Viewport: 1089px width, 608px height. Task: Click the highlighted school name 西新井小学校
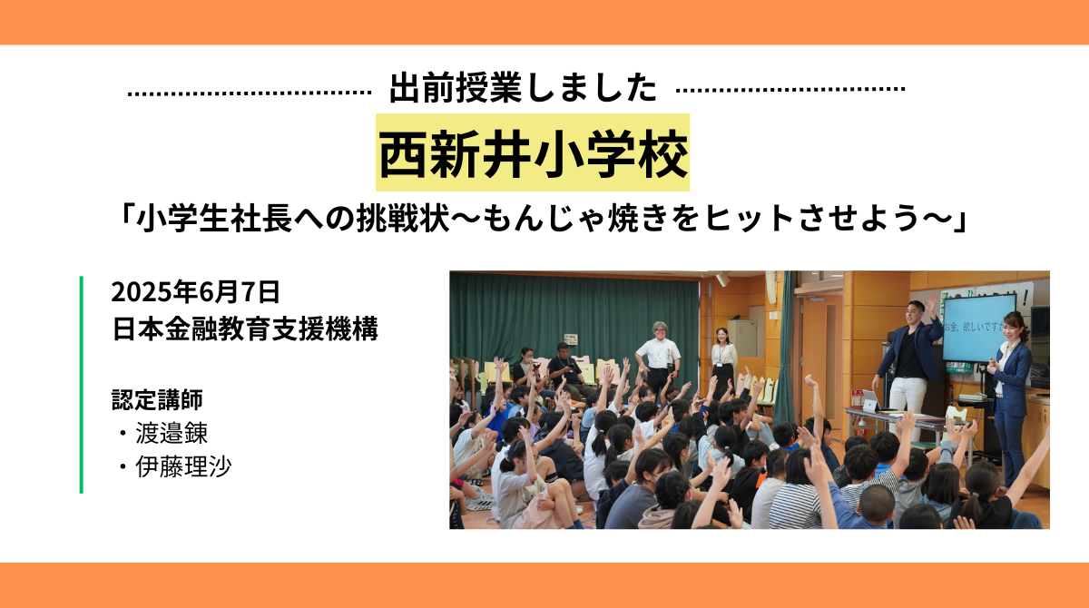[x=533, y=153]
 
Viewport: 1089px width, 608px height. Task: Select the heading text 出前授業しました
[x=523, y=89]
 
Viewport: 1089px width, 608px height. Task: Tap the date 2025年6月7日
[x=195, y=292]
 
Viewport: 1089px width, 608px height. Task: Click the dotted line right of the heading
[x=791, y=90]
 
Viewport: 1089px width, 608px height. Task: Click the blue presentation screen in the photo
[x=977, y=325]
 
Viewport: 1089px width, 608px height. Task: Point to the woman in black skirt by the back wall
[x=723, y=358]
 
